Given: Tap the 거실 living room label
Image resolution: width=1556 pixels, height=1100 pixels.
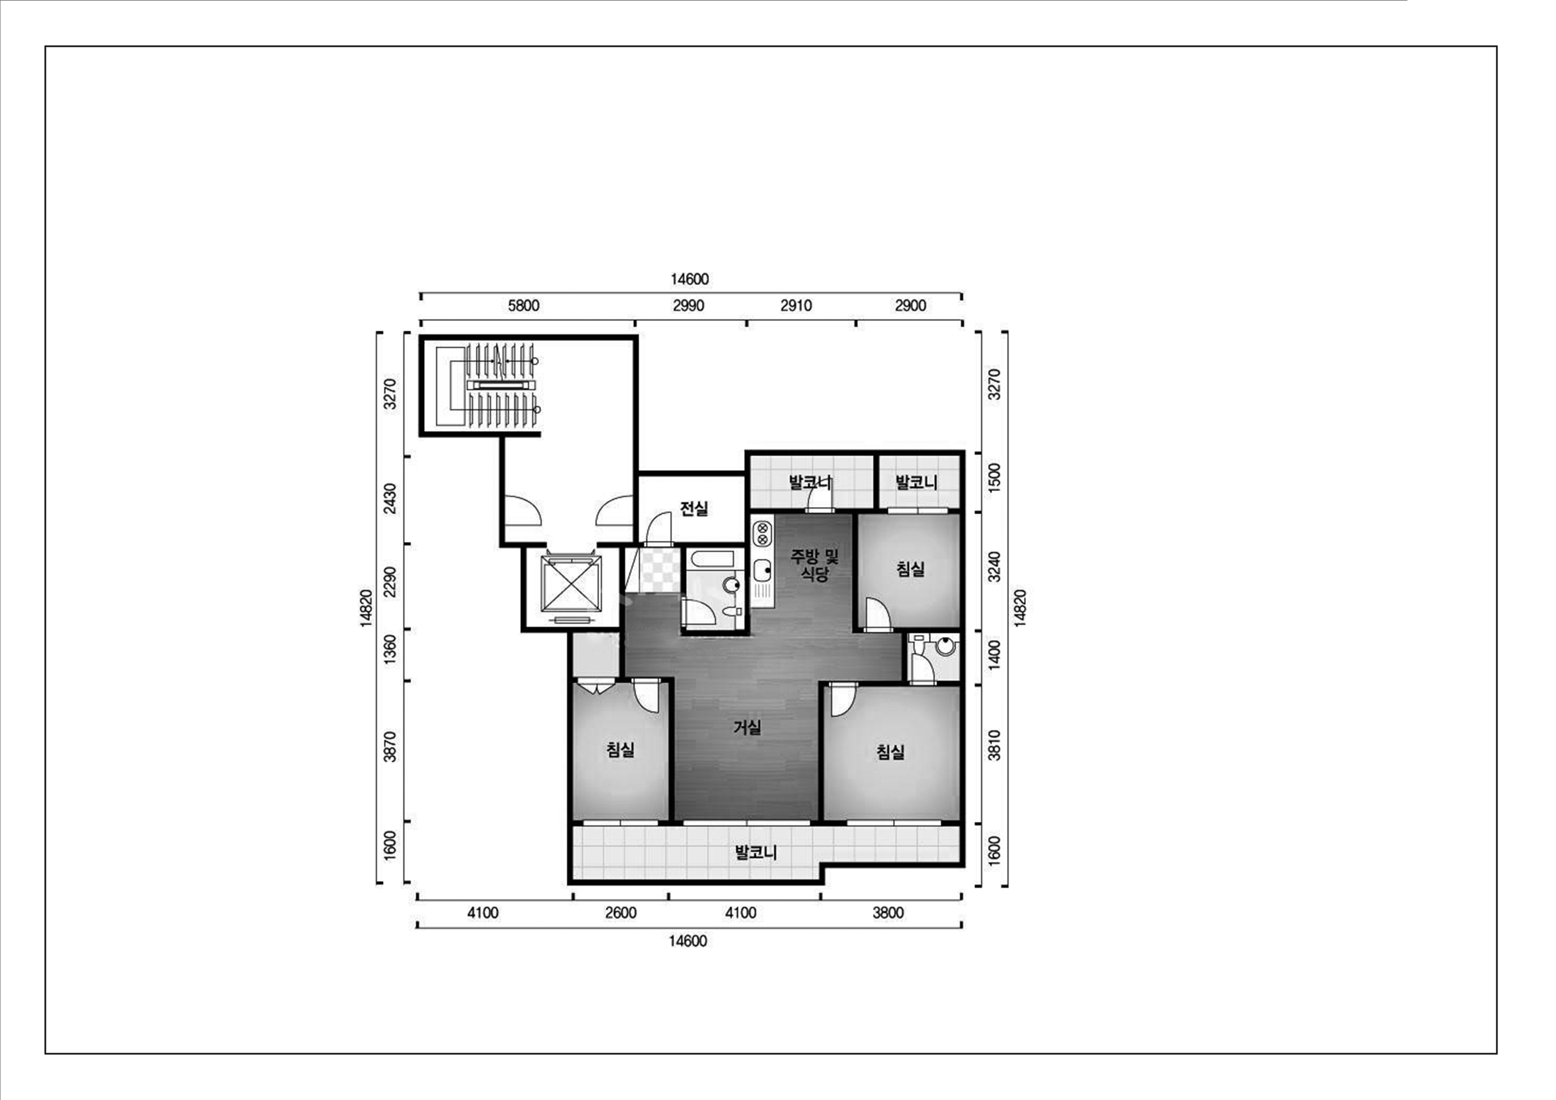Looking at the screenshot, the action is [747, 727].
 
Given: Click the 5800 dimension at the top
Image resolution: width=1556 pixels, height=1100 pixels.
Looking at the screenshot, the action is [524, 306].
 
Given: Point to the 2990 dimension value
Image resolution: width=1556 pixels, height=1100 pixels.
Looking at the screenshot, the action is [688, 306].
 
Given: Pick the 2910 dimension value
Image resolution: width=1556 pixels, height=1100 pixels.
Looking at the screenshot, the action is [796, 306].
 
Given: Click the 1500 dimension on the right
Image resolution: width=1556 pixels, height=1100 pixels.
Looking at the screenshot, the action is [994, 479].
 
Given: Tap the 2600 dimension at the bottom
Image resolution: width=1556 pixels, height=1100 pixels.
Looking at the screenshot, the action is [621, 913].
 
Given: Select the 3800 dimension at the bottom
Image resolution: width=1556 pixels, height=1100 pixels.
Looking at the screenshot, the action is [888, 913].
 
